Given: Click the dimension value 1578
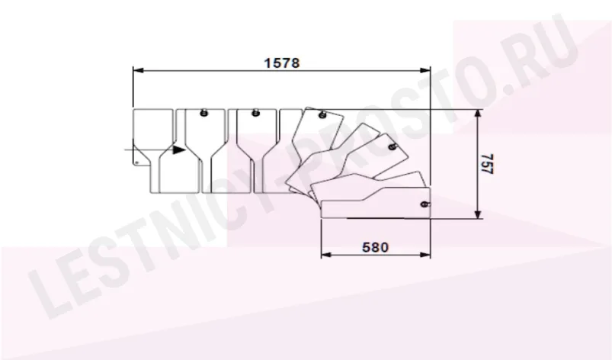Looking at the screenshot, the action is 282,63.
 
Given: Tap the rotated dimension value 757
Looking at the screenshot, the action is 487,164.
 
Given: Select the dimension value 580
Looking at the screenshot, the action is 375,247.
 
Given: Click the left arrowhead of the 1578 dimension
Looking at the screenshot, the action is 138,70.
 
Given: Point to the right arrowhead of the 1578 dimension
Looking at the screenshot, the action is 425,70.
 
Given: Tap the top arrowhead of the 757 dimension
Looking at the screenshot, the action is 477,114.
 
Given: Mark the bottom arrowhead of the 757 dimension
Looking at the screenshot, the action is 477,214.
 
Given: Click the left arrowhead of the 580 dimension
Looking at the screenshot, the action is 326,255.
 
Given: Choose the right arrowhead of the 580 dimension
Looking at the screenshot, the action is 425,255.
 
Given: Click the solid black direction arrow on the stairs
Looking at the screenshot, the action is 179,149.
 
